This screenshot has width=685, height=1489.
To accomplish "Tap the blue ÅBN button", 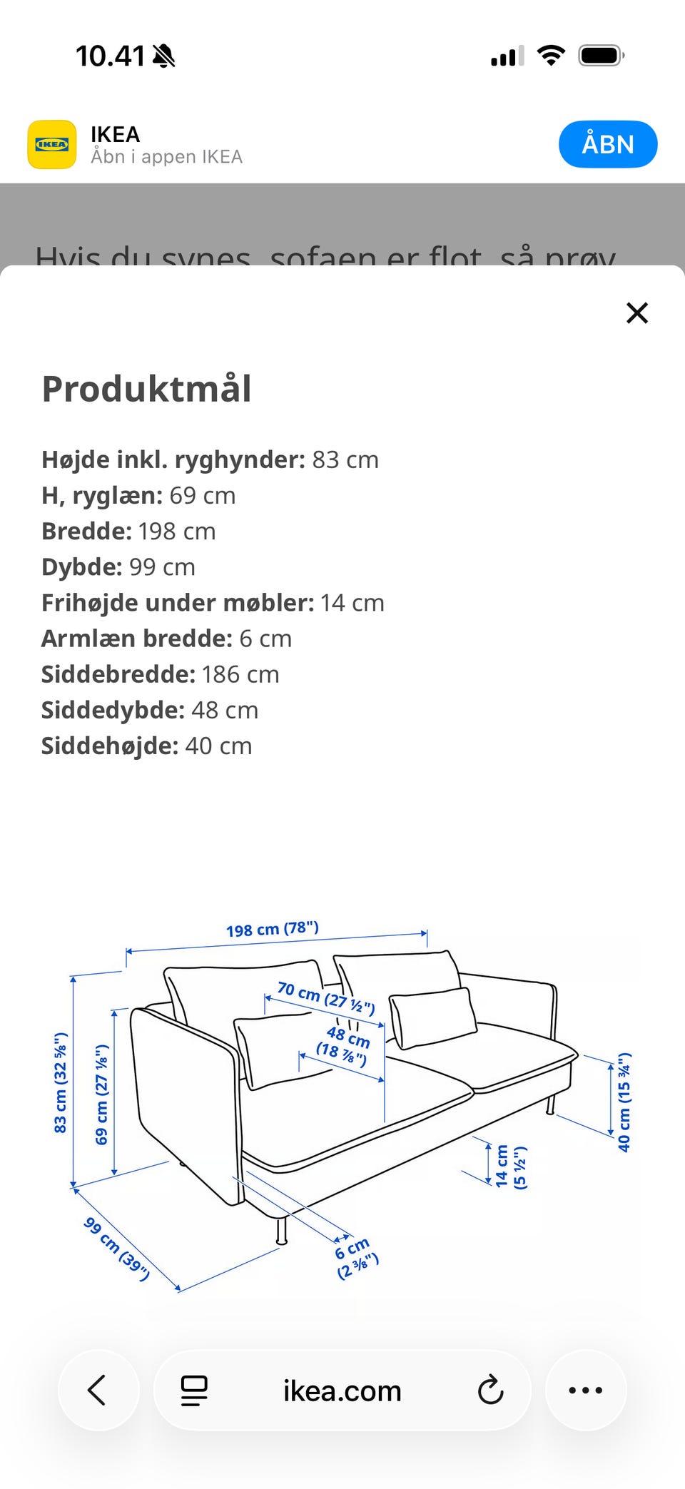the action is (x=607, y=144).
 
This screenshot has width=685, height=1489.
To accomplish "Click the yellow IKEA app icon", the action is (x=52, y=144).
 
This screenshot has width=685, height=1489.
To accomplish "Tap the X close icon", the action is (x=636, y=312).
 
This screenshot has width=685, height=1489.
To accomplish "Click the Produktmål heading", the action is (x=146, y=389).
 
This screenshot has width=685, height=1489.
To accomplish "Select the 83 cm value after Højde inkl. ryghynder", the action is (x=345, y=460).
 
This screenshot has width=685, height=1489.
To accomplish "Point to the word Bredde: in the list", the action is (x=86, y=532).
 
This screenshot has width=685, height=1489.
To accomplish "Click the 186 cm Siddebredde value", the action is (x=240, y=674).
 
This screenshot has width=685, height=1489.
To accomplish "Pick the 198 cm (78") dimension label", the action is (x=273, y=929).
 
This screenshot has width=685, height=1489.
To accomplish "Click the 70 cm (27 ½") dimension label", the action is (x=326, y=997).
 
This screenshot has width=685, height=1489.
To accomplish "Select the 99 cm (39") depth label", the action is (x=116, y=1249).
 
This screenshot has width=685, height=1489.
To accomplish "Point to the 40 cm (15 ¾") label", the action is (x=624, y=1102).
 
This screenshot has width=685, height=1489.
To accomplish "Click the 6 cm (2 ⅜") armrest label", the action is (x=356, y=1258).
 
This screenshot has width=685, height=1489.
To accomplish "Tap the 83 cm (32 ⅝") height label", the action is (x=61, y=1082).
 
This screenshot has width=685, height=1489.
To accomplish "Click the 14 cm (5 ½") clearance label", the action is (x=511, y=1166).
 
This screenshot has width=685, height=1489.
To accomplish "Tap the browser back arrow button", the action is (x=98, y=1390).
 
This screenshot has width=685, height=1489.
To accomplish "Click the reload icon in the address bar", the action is (x=490, y=1390).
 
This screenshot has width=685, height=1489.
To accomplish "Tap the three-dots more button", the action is (x=585, y=1390).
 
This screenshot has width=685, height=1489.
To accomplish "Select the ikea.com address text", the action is (x=342, y=1391).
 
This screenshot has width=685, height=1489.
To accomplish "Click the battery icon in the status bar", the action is (x=602, y=56).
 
